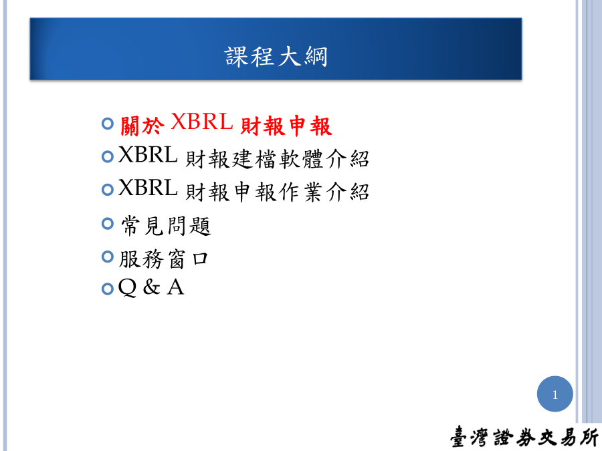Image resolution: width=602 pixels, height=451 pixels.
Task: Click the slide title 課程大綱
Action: pyautogui.click(x=276, y=56)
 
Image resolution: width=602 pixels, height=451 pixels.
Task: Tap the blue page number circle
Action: pyautogui.click(x=555, y=394)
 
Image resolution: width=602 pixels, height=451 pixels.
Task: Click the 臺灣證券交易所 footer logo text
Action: pyautogui.click(x=524, y=437)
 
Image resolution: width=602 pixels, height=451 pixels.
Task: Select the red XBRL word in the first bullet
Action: pyautogui.click(x=201, y=122)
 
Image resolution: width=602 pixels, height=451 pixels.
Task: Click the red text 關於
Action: pyautogui.click(x=142, y=126)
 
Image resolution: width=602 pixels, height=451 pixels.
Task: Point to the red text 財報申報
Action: pyautogui.click(x=286, y=126)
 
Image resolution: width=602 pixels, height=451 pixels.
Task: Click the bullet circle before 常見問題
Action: pyautogui.click(x=108, y=223)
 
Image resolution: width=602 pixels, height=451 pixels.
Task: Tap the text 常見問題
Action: pyautogui.click(x=166, y=226)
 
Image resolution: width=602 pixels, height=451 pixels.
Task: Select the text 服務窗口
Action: pyautogui.click(x=164, y=259)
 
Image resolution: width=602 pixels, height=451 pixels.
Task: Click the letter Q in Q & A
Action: pyautogui.click(x=128, y=287)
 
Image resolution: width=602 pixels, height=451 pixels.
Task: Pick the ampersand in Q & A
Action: pyautogui.click(x=152, y=287)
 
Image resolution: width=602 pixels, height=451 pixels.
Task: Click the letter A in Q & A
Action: pyautogui.click(x=176, y=287)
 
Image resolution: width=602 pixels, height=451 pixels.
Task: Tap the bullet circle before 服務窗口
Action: pyautogui.click(x=108, y=257)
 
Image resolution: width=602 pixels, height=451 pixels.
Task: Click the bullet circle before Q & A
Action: pyautogui.click(x=108, y=289)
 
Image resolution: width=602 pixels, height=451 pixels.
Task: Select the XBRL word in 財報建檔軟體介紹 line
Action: pyautogui.click(x=148, y=154)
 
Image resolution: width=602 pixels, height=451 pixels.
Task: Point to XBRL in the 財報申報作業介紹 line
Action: pyautogui.click(x=148, y=188)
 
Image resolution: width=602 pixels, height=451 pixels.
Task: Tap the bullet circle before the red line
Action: pyautogui.click(x=108, y=124)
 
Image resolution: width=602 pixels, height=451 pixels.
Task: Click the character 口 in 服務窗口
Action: pyautogui.click(x=200, y=259)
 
